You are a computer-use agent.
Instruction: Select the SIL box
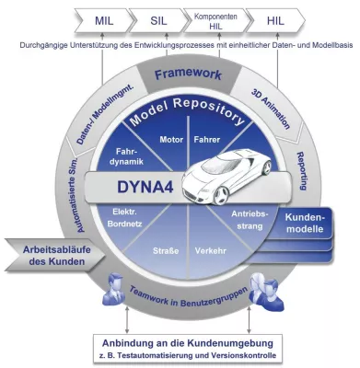tap(158, 18)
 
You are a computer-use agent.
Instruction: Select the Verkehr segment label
tap(209, 249)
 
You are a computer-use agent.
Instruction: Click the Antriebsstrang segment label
tap(250, 220)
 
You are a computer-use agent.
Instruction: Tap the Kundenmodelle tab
tap(307, 226)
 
